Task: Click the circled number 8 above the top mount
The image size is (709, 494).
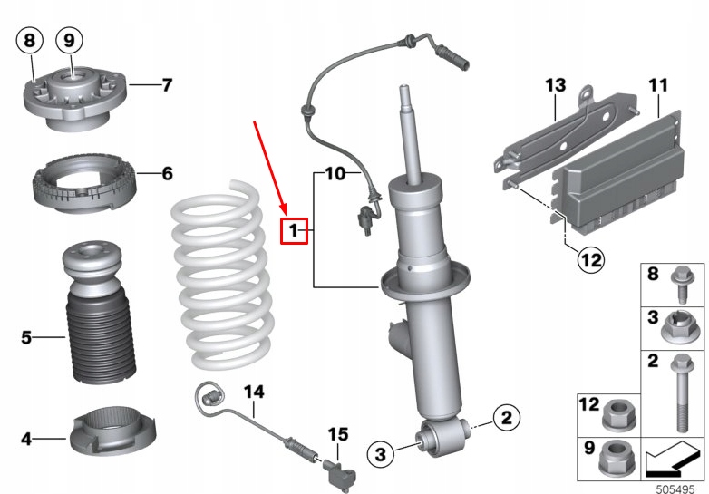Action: pyautogui.click(x=31, y=41)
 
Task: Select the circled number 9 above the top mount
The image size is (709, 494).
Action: pyautogui.click(x=70, y=41)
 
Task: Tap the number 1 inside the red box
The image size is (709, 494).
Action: pyautogui.click(x=295, y=232)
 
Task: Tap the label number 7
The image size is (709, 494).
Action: pyautogui.click(x=166, y=86)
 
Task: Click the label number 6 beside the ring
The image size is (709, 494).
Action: pyautogui.click(x=166, y=172)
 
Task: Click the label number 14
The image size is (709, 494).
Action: pyautogui.click(x=254, y=392)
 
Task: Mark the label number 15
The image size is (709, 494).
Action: pyautogui.click(x=337, y=434)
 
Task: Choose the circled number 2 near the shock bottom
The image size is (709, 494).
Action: pyautogui.click(x=506, y=418)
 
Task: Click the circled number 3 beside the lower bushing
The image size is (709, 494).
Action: pyautogui.click(x=381, y=453)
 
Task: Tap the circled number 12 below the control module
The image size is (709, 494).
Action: pyautogui.click(x=590, y=261)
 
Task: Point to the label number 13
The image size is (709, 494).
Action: pyautogui.click(x=555, y=86)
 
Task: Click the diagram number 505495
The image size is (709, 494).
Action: pyautogui.click(x=675, y=485)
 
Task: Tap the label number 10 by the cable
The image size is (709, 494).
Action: pyautogui.click(x=335, y=172)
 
